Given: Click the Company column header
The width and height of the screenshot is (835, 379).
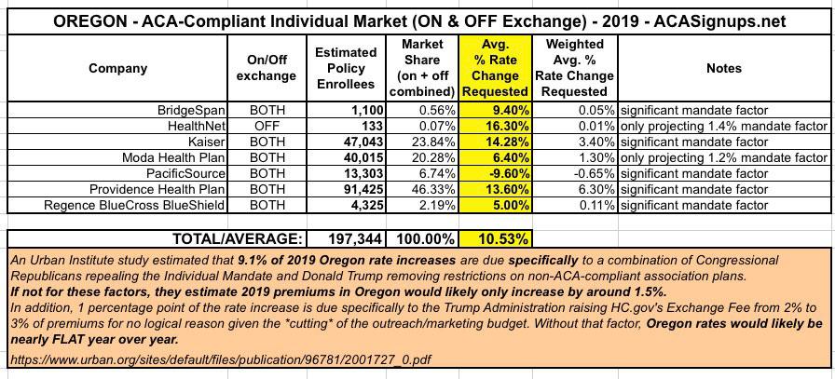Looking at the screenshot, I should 117,68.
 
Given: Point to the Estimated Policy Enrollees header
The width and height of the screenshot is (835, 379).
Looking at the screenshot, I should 346,68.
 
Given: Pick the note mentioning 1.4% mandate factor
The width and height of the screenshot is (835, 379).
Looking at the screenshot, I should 723,125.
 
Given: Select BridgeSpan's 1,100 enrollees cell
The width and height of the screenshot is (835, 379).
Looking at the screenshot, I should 359,109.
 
